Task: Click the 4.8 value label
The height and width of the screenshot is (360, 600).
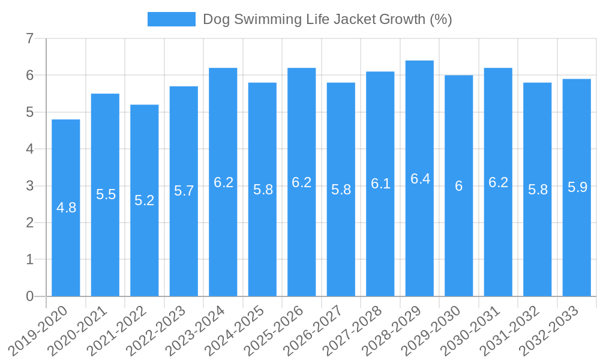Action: (x=66, y=208)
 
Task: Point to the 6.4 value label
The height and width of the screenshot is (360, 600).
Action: (x=419, y=179)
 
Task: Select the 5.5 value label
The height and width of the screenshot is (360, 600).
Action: (x=106, y=194)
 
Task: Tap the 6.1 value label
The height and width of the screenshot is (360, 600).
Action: (x=380, y=184)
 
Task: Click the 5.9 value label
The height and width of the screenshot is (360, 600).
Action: (x=577, y=187)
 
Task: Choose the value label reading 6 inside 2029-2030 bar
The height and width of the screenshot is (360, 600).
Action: (x=459, y=186)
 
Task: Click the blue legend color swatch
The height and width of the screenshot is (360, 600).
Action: (x=172, y=19)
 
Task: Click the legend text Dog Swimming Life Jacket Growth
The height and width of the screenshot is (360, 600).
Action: (x=327, y=19)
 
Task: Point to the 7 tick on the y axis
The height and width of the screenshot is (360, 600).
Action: (x=29, y=38)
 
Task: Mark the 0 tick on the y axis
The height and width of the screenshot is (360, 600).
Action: (x=29, y=296)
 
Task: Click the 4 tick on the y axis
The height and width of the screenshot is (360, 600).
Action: (x=29, y=149)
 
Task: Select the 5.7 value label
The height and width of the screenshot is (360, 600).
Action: (x=184, y=191)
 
